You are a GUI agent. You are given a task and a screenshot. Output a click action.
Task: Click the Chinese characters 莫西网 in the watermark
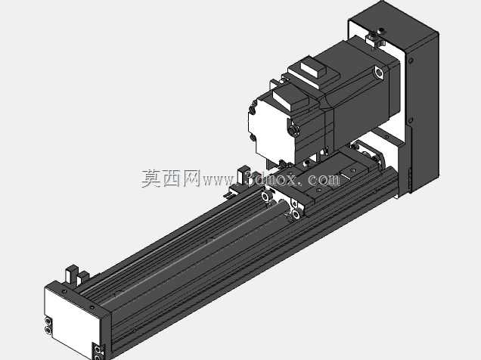(171, 178)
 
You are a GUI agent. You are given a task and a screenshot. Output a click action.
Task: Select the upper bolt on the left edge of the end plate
(48, 321)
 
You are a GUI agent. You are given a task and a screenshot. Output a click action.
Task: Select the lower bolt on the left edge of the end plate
(48, 330)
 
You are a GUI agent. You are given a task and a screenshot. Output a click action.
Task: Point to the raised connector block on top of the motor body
(315, 70)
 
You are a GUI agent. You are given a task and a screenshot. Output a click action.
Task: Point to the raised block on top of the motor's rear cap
(290, 98)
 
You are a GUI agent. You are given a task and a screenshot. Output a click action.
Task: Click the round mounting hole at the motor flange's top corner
(379, 73)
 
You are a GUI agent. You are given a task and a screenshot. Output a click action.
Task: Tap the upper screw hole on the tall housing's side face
(411, 61)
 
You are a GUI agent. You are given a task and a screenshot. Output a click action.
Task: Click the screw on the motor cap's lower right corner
(294, 130)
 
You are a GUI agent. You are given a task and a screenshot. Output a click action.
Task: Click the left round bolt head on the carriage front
(265, 196)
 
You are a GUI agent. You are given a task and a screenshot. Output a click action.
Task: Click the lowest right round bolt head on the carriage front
(296, 214)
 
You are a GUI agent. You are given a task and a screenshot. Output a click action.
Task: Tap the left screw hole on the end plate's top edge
(64, 291)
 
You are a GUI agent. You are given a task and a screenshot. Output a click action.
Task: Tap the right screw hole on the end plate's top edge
(92, 307)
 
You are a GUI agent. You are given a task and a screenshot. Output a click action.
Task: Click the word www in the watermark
(218, 180)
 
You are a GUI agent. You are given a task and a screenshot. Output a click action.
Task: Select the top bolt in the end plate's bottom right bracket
(98, 349)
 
